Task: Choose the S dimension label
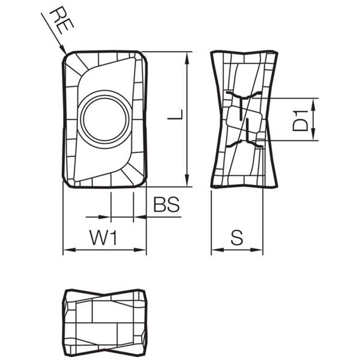pos(237,238)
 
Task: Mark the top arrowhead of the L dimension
pos(188,53)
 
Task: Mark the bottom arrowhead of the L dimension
pos(188,185)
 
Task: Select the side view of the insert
pos(244,119)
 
